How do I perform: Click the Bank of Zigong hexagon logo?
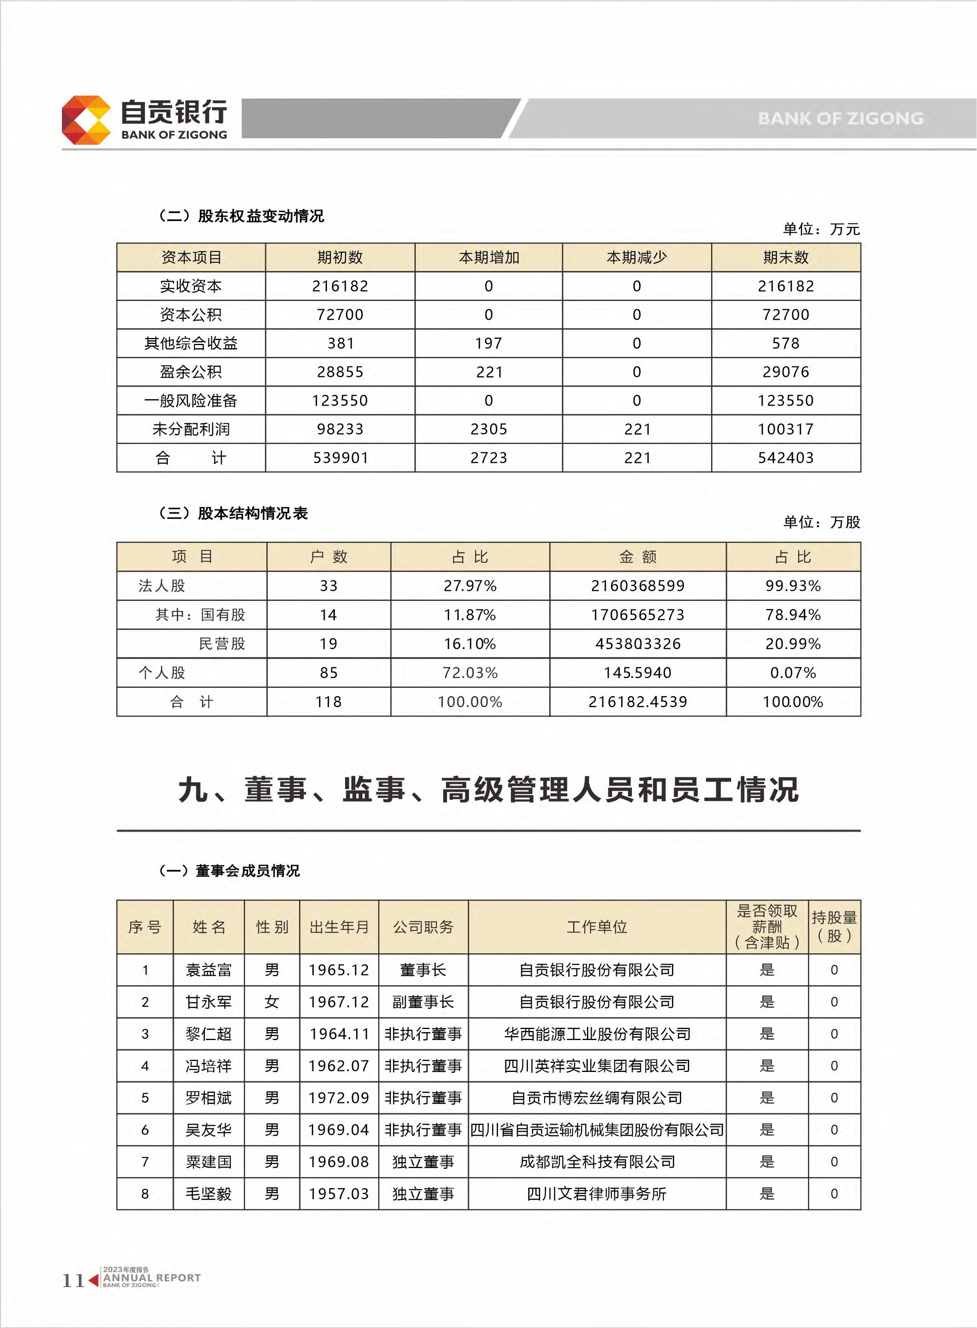click(86, 120)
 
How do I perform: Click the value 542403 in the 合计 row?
click(786, 458)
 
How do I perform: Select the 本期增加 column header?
click(489, 258)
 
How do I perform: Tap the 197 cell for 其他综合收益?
click(489, 344)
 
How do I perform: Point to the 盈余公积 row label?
click(190, 372)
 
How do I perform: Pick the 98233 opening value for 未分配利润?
click(340, 429)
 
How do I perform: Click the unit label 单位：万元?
click(821, 229)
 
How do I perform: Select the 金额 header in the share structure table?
click(637, 557)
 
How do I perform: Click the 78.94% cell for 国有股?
click(793, 615)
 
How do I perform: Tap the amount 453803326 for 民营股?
click(637, 644)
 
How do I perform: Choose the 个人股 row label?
click(162, 673)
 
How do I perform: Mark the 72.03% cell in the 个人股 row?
click(470, 673)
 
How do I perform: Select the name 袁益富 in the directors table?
click(208, 970)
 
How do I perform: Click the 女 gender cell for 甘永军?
click(271, 1002)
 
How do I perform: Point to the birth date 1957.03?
click(339, 1194)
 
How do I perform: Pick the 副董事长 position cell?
click(423, 1002)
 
